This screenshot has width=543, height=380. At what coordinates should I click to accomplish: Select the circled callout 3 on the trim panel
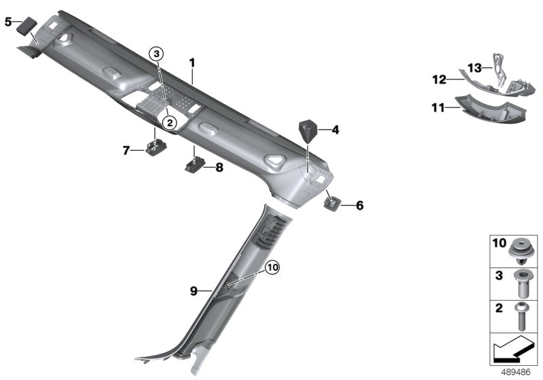click(x=157, y=54)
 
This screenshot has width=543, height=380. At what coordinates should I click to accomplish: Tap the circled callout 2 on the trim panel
click(x=169, y=122)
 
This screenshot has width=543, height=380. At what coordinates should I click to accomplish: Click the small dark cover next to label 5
click(x=27, y=26)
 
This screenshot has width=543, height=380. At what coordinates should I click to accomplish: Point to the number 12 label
click(x=439, y=80)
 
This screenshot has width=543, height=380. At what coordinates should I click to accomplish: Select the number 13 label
click(x=474, y=67)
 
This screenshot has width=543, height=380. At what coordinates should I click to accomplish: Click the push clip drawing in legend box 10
click(x=521, y=250)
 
